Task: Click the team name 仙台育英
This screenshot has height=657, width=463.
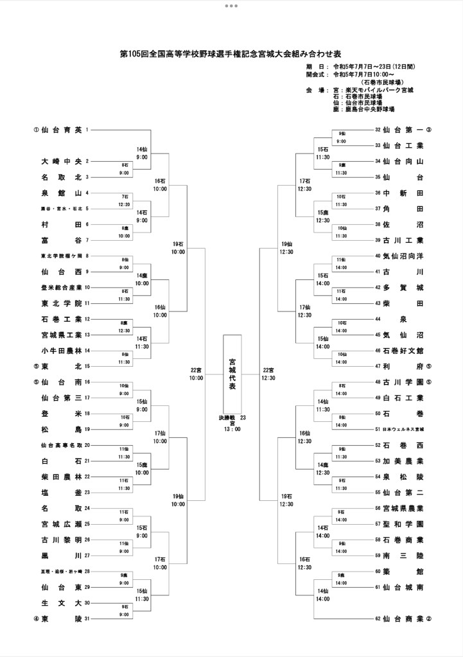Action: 61,130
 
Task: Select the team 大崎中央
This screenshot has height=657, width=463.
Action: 61,161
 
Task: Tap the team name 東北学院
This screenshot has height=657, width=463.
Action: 61,303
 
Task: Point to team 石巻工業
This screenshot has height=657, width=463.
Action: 61,319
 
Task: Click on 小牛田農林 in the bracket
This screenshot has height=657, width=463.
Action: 61,351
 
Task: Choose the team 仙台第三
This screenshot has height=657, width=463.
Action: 61,398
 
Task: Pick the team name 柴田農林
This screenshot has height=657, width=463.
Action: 61,477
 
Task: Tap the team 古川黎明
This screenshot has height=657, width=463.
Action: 61,539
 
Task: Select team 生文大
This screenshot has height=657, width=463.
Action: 61,603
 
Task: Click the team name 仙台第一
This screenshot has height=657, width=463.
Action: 403,130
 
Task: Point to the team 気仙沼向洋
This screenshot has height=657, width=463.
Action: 403,256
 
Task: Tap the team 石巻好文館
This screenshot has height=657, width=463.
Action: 403,351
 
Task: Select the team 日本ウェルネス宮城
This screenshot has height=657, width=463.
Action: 403,429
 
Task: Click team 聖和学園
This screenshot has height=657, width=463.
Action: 403,524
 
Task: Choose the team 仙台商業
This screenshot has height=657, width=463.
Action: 403,619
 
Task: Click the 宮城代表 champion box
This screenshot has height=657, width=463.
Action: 232,374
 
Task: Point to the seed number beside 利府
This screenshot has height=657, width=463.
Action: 428,366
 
